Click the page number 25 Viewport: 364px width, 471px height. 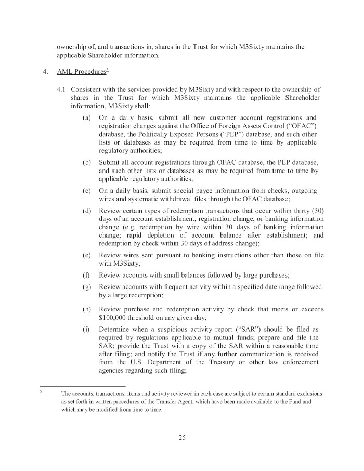click(181, 437)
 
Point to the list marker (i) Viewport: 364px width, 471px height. click(87, 330)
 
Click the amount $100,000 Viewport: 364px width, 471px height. click(115, 316)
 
